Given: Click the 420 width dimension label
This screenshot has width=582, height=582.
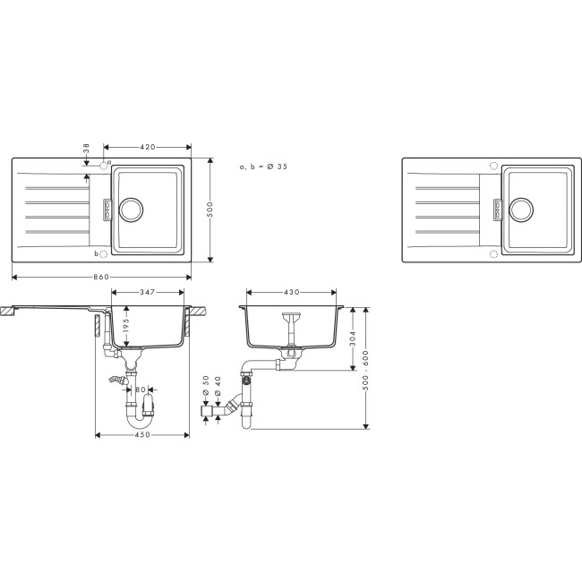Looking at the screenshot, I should [148, 146].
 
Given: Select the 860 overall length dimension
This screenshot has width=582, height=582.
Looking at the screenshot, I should [101, 277].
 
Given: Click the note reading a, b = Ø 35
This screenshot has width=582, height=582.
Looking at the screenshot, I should [263, 167].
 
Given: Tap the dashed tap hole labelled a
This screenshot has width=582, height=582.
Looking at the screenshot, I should [104, 166].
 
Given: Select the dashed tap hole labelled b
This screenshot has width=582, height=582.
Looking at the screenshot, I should [104, 253].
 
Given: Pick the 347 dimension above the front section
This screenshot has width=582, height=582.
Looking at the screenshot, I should [149, 293].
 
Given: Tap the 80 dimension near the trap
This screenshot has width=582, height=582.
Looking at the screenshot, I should [140, 389].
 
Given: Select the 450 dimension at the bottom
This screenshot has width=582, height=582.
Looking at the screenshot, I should [141, 435].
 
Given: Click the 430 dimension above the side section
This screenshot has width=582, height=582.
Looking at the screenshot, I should [291, 293].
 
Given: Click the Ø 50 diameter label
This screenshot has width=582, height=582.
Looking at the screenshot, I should [207, 382].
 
